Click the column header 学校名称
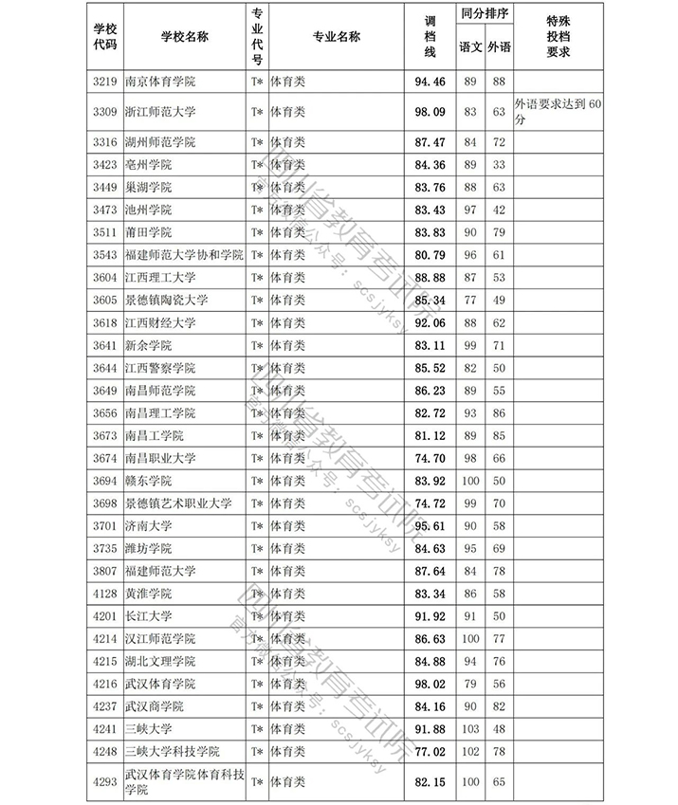click(184, 36)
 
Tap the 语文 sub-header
click(469, 46)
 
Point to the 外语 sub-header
click(499, 46)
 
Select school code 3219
click(104, 82)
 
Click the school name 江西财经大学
click(160, 323)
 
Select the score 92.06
click(431, 323)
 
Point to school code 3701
click(104, 525)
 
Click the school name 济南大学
click(149, 525)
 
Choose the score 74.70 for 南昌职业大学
click(431, 458)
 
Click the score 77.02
click(431, 750)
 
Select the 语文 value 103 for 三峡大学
click(469, 728)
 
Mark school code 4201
click(104, 615)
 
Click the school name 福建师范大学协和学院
click(184, 255)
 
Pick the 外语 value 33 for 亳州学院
click(499, 165)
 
